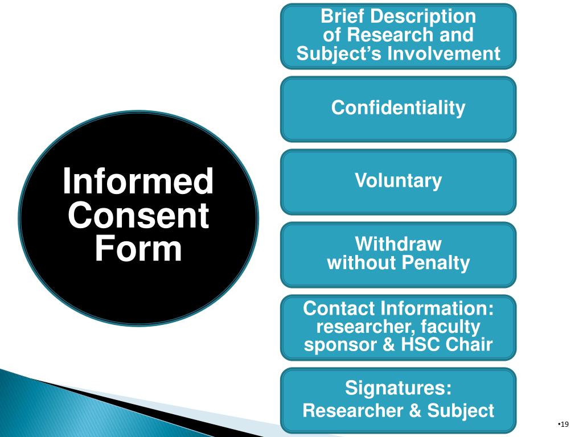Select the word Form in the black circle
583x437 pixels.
click(138, 250)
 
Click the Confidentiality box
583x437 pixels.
click(398, 108)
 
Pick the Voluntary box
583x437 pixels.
click(398, 181)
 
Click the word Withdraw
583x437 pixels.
click(398, 244)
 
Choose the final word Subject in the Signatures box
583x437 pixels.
click(462, 410)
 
